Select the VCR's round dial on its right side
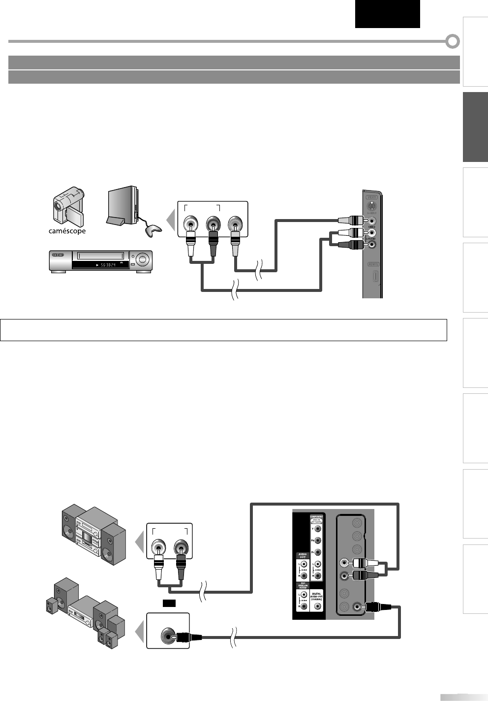pyautogui.click(x=144, y=259)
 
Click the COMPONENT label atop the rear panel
pyautogui.click(x=316, y=518)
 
